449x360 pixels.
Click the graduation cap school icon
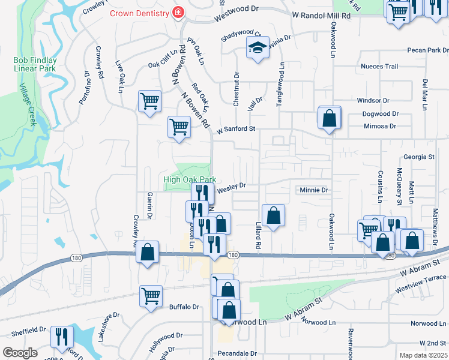pyautogui.click(x=258, y=48)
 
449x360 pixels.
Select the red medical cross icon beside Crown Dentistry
pyautogui.click(x=178, y=12)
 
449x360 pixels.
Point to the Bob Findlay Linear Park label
pyautogui.click(x=35, y=64)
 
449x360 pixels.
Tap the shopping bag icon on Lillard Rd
pyautogui.click(x=273, y=216)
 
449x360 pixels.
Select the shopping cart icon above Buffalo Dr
pyautogui.click(x=151, y=295)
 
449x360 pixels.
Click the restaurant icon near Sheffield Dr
pyautogui.click(x=62, y=337)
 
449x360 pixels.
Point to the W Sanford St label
pyautogui.click(x=236, y=129)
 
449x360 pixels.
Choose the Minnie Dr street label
pyautogui.click(x=314, y=190)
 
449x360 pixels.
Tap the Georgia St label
pyautogui.click(x=418, y=157)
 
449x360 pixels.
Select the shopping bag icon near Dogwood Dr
pyautogui.click(x=330, y=118)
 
